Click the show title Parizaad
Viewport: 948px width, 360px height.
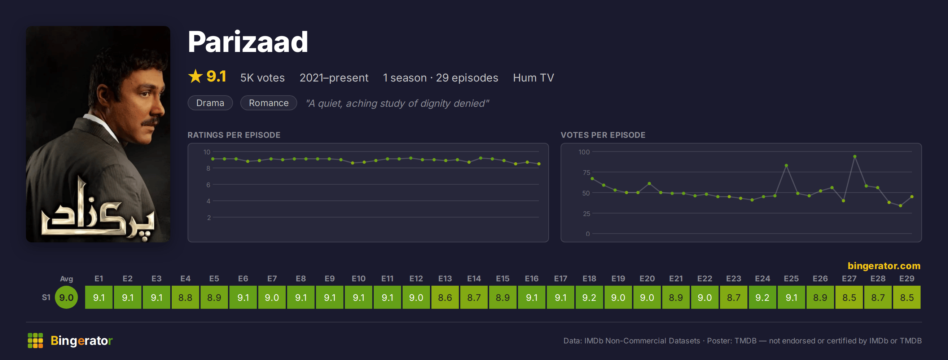[248, 42]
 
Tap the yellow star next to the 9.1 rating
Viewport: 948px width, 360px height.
[196, 76]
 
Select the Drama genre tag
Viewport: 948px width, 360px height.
[210, 103]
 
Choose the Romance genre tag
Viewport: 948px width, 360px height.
[269, 103]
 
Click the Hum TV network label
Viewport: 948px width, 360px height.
[533, 78]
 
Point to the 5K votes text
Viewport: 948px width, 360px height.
[262, 78]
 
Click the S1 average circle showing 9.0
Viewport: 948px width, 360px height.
[66, 297]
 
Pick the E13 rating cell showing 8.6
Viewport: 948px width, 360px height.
[445, 297]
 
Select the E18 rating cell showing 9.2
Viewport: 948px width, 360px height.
[589, 297]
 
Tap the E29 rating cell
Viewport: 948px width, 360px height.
[907, 297]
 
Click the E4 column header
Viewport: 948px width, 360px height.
[185, 278]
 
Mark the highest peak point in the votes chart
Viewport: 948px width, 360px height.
[855, 157]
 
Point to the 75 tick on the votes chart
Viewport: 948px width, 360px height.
[586, 172]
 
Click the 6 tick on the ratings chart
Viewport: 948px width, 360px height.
[208, 185]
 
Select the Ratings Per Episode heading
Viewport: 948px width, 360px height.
[234, 135]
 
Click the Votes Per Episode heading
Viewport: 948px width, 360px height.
[603, 135]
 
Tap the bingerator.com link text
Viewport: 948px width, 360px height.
[884, 266]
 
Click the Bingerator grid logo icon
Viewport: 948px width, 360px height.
[35, 341]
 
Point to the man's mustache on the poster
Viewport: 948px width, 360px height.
[150, 122]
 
